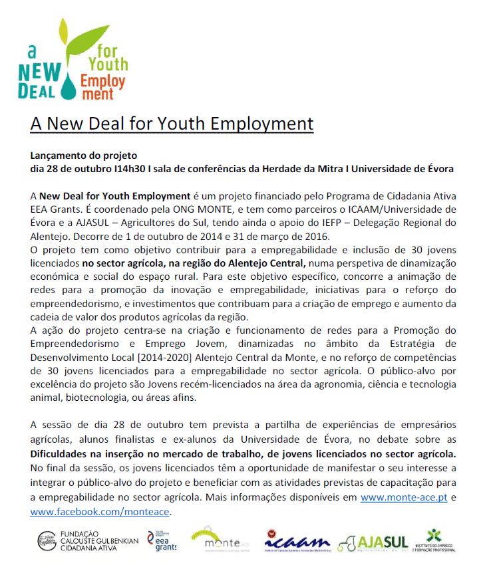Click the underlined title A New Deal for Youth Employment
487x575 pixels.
pos(172,124)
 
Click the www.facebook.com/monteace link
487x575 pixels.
pos(100,512)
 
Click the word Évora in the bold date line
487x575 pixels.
pos(440,169)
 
